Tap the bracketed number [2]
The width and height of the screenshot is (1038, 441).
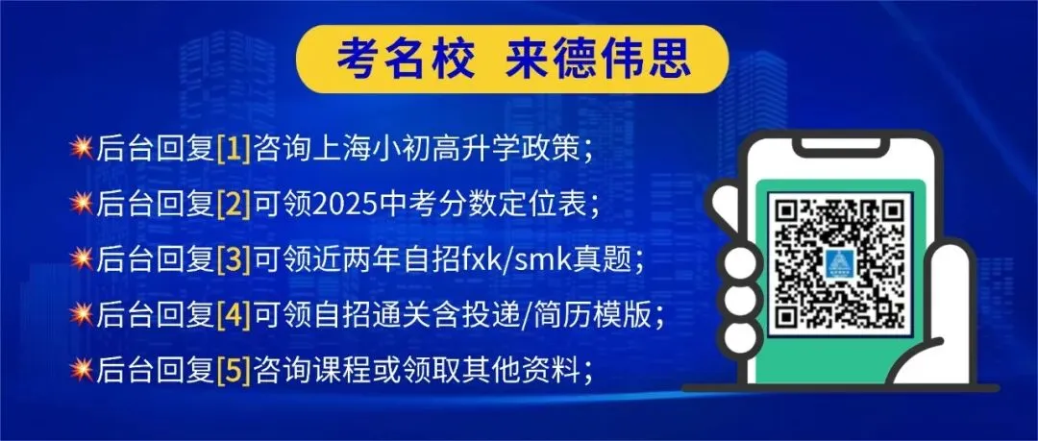tap(234, 204)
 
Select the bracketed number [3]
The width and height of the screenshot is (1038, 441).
tap(234, 258)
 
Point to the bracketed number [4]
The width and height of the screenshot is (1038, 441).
tap(234, 313)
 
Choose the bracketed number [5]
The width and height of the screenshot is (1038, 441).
tap(234, 368)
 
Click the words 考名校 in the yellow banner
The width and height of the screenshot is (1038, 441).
tap(405, 60)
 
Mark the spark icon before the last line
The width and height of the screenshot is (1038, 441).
tap(82, 368)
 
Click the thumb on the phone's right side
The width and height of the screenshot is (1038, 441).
tap(946, 288)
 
